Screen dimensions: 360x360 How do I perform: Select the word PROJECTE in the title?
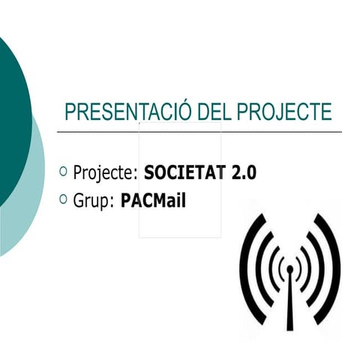click(283, 112)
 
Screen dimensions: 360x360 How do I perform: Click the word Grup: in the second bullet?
click(94, 201)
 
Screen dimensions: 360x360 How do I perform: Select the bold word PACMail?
click(153, 201)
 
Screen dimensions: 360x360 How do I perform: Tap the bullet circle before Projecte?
click(63, 172)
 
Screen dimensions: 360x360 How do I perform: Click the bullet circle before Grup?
click(63, 199)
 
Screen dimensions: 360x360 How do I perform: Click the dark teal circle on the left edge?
click(11, 120)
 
